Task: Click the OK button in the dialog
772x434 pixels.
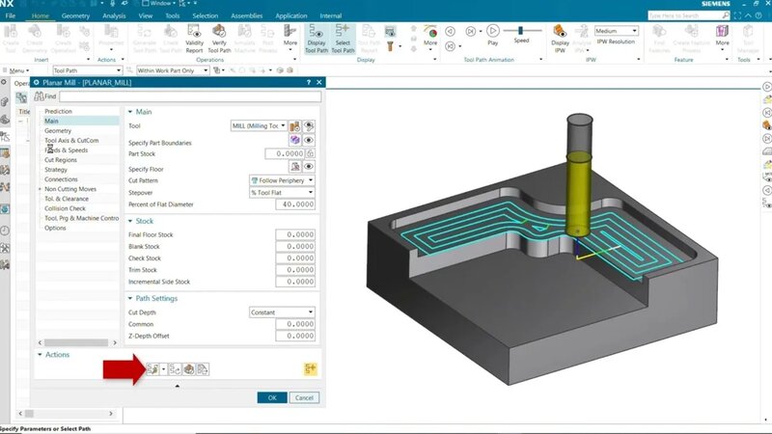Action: pyautogui.click(x=272, y=397)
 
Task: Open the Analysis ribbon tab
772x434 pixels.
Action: pyautogui.click(x=114, y=16)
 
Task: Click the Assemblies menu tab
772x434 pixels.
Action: pyautogui.click(x=248, y=16)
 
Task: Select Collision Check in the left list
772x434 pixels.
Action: pyautogui.click(x=65, y=208)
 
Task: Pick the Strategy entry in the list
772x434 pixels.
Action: pyautogui.click(x=56, y=170)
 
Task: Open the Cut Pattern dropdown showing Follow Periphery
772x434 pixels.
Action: pyautogui.click(x=282, y=179)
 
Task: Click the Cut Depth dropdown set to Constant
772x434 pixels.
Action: pyautogui.click(x=282, y=312)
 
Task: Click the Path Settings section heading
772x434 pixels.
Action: pyautogui.click(x=156, y=298)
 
